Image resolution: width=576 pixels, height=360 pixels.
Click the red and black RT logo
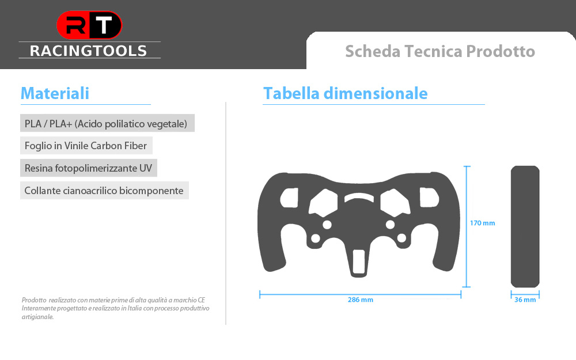pyautogui.click(x=89, y=25)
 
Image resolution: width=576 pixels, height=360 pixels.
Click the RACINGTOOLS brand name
pyautogui.click(x=88, y=51)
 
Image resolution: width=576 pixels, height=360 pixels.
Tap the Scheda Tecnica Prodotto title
pyautogui.click(x=439, y=51)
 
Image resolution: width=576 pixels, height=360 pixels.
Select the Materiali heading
pyautogui.click(x=55, y=93)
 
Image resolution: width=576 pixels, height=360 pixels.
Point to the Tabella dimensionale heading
pyautogui.click(x=345, y=93)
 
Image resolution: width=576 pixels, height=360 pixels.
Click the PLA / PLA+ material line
pyautogui.click(x=106, y=124)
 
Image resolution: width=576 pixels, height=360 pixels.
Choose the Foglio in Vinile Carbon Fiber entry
pyautogui.click(x=86, y=146)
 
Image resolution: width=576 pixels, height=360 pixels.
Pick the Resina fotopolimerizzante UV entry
pyautogui.click(x=88, y=168)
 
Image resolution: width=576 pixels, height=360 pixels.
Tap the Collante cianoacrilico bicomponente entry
pyautogui.click(x=104, y=191)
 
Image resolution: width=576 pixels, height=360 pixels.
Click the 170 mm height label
pyautogui.click(x=482, y=223)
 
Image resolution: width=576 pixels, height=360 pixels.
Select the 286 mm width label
pyautogui.click(x=361, y=300)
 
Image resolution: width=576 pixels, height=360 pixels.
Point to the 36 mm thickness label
pyautogui.click(x=525, y=300)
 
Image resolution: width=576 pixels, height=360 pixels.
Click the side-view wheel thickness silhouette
pyautogui.click(x=525, y=226)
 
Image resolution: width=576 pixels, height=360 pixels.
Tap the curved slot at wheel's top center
pyautogui.click(x=359, y=197)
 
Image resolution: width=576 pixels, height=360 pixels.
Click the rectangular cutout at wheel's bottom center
pyautogui.click(x=358, y=262)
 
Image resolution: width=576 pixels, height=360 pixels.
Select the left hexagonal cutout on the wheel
pyautogui.click(x=323, y=203)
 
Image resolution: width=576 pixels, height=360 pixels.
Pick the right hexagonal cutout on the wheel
pyautogui.click(x=395, y=203)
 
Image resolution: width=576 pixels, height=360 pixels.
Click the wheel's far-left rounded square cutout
pyautogui.click(x=289, y=198)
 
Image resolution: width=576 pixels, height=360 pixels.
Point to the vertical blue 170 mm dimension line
pyautogui.click(x=467, y=226)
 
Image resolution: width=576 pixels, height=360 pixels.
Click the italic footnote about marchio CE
pyautogui.click(x=115, y=308)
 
